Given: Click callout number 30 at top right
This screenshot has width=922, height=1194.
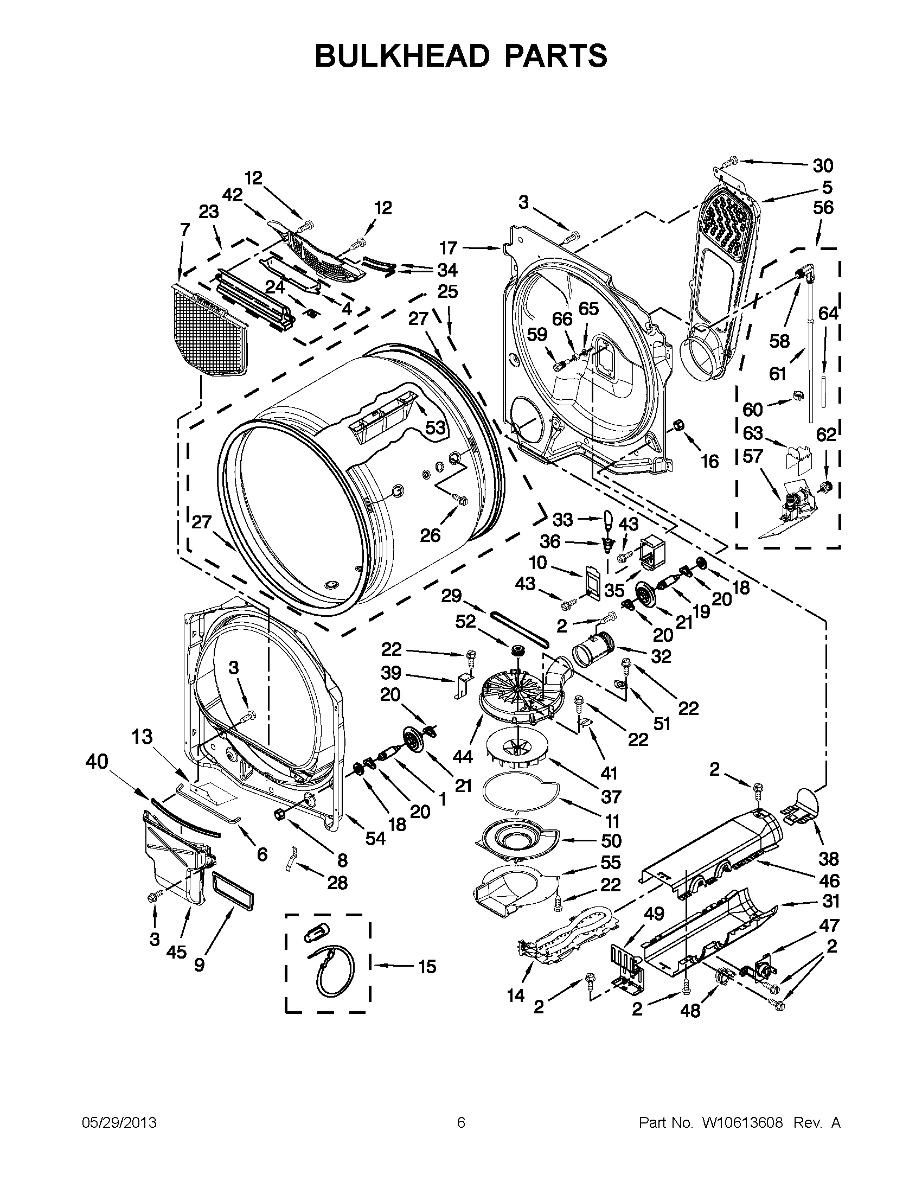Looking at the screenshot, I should tap(823, 165).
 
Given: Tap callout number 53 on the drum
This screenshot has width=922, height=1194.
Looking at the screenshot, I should tap(435, 427).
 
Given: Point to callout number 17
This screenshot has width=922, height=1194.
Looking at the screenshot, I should tap(448, 249).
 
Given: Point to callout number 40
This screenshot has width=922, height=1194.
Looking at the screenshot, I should tap(97, 761).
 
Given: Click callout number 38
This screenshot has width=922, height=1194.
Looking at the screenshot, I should tap(829, 859).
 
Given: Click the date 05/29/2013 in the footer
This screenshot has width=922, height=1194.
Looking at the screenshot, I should tap(119, 1122).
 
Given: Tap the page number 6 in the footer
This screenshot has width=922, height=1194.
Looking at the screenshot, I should tap(460, 1122).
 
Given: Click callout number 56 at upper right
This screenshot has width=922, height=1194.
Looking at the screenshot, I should tap(823, 208).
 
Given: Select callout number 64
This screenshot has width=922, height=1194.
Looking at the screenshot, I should tap(828, 313).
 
